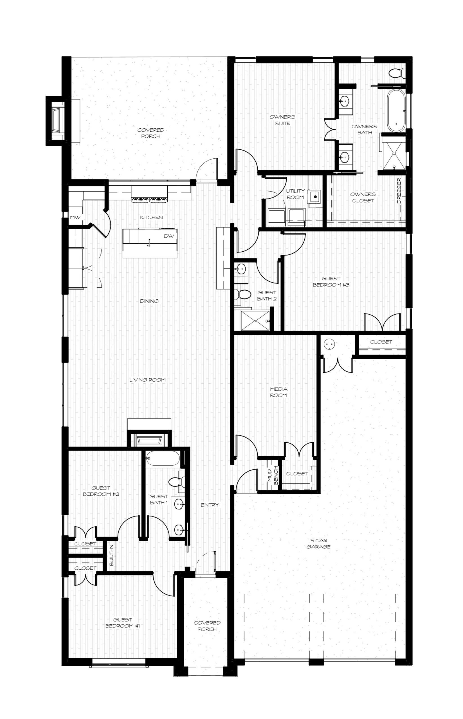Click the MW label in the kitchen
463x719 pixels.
click(x=75, y=217)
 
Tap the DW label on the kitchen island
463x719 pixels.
click(x=169, y=236)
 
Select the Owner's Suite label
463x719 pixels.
click(x=282, y=120)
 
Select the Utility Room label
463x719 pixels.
click(x=295, y=194)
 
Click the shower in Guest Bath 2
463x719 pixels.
click(x=255, y=321)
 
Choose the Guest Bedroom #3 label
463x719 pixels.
click(x=331, y=282)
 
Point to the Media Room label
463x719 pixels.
click(x=278, y=392)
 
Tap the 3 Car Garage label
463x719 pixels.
click(x=318, y=544)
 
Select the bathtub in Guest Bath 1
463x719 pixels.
click(x=163, y=458)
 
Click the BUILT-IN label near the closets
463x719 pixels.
click(x=111, y=555)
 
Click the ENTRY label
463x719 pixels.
click(x=210, y=505)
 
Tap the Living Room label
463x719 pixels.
click(x=147, y=380)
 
